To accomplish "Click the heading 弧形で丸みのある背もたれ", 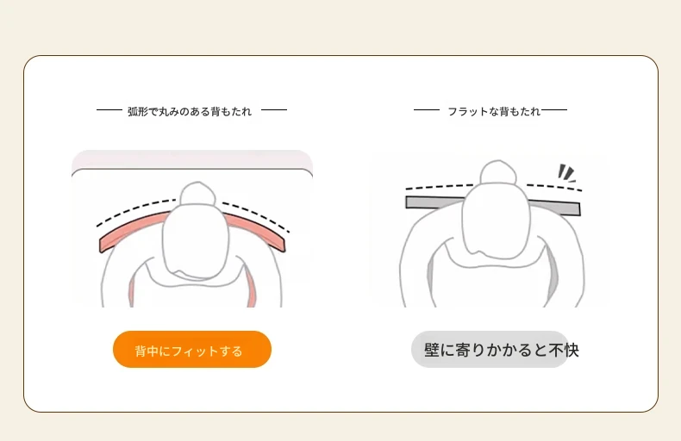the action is click(x=190, y=112).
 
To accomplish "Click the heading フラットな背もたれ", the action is click(x=494, y=112).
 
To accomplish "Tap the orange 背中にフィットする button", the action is click(x=192, y=350).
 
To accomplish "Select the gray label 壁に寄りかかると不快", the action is click(x=495, y=350).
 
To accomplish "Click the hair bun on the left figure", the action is click(x=197, y=194).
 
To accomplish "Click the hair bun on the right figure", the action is click(x=498, y=172).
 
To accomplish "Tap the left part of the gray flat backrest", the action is click(x=434, y=202).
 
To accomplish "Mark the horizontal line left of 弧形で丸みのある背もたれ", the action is click(x=109, y=110).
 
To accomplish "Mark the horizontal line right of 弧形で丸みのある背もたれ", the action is click(x=274, y=110).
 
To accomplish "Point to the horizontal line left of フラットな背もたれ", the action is click(x=427, y=110).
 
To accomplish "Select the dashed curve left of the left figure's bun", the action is click(x=135, y=211).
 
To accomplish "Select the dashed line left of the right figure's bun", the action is click(x=440, y=187).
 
